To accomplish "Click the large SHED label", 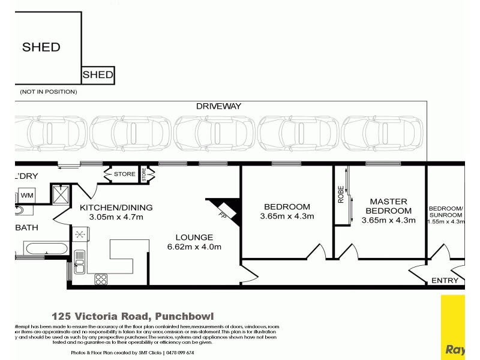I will (x=41, y=47).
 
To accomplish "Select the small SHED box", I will (x=97, y=75).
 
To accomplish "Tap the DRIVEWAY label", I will (x=218, y=106).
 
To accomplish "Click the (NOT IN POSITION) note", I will (x=49, y=92).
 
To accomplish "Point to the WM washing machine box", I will (x=27, y=196).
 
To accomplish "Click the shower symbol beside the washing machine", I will (x=61, y=194).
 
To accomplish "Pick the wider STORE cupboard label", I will (x=124, y=175).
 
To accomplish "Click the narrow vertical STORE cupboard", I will (x=144, y=175).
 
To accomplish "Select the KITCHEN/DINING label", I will (x=116, y=208).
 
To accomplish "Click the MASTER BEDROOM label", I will (x=388, y=206).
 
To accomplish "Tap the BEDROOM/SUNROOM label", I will (x=446, y=211).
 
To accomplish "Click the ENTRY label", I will (x=445, y=280).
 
